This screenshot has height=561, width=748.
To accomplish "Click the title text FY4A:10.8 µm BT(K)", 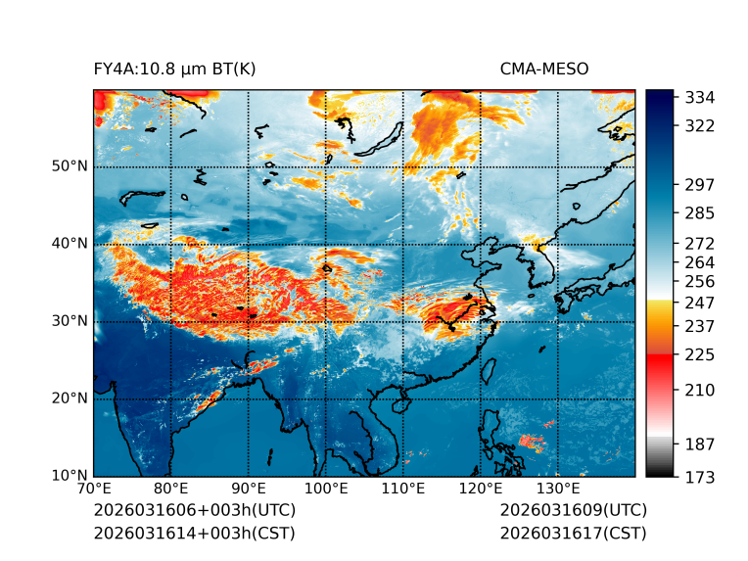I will click(174, 69).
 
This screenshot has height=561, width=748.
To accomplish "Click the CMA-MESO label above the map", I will click(543, 69).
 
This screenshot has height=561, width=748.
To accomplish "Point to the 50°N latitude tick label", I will click(70, 166).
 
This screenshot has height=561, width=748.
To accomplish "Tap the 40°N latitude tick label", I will click(70, 244).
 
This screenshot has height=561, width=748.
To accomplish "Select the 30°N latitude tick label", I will click(70, 321).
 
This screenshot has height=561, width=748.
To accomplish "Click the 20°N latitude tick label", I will click(70, 398).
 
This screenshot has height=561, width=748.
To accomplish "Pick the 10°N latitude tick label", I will click(70, 476).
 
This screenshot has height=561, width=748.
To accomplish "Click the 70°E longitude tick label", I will click(94, 489).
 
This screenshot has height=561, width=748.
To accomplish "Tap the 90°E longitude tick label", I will click(249, 489).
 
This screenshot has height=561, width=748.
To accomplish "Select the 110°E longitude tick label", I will click(403, 489).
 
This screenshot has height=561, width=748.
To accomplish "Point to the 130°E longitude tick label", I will click(558, 489).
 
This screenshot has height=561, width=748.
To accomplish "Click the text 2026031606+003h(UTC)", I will click(194, 511).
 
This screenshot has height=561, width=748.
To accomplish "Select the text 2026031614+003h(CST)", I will click(194, 534).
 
